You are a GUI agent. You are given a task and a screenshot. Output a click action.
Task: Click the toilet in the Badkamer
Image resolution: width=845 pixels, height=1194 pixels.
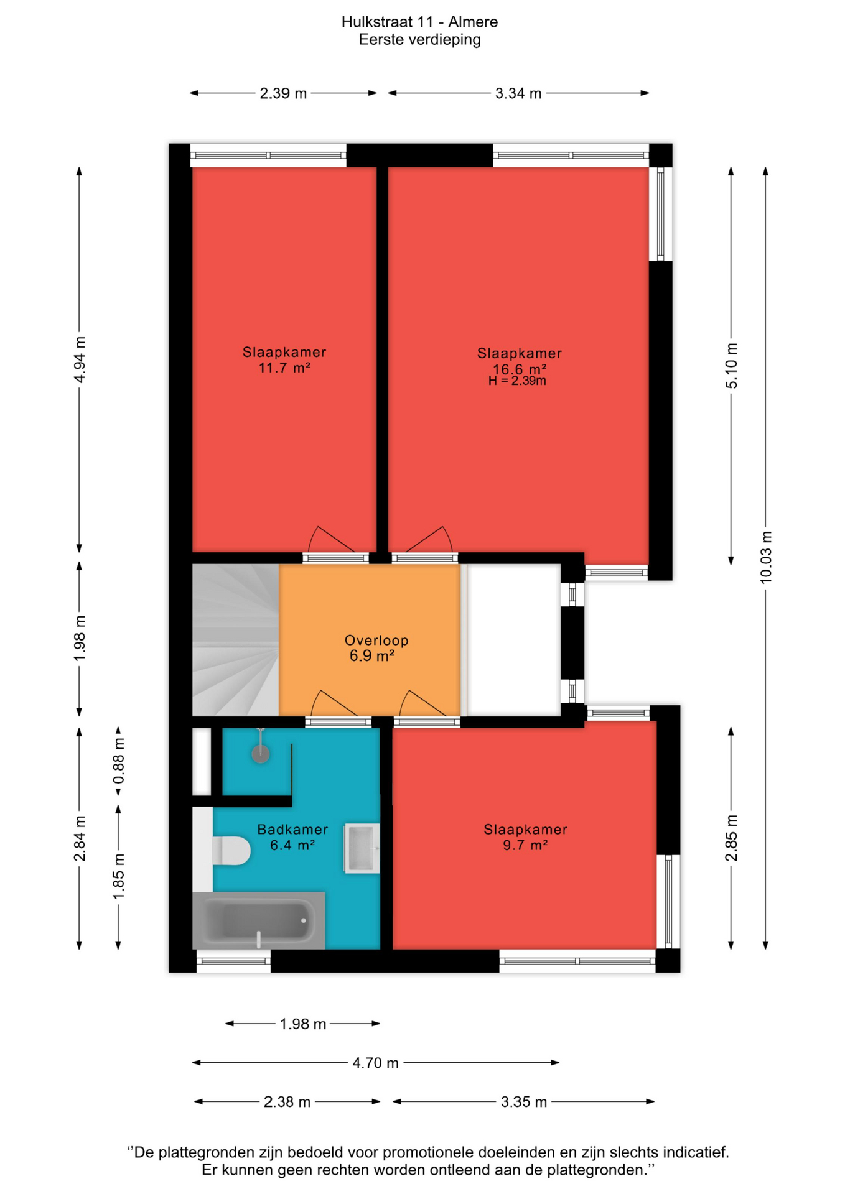coord(231,850)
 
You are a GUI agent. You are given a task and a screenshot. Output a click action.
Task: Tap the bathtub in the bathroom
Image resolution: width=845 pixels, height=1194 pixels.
coord(259,920)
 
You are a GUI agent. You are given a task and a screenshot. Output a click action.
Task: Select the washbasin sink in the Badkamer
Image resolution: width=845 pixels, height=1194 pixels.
coord(362,848)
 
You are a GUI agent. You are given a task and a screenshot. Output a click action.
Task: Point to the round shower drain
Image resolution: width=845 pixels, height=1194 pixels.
coord(261,754)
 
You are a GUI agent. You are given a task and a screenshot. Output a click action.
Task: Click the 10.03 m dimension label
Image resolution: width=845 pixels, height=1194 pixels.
coord(765,557)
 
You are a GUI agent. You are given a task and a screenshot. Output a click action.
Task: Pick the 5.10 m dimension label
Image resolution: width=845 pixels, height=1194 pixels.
coord(731,366)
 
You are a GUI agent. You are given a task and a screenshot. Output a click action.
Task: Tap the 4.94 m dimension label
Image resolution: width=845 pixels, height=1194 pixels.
coord(80,360)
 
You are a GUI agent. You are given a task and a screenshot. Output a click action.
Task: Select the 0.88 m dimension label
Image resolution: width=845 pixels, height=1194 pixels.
coord(118,761)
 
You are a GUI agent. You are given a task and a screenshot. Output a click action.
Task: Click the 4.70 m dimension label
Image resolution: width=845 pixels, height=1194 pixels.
coord(375,1063)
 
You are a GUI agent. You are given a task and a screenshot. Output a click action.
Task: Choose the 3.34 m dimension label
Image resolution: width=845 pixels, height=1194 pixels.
coord(518,93)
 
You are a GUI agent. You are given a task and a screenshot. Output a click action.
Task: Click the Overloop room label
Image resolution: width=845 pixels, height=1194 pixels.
coord(376,640)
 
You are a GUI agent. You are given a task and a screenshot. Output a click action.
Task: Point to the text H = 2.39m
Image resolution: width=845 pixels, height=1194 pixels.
coord(517,381)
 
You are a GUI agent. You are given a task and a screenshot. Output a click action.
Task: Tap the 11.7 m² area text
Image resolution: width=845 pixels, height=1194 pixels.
coord(284,368)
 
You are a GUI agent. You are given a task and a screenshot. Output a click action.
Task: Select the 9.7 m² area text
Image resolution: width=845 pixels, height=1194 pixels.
coord(525,845)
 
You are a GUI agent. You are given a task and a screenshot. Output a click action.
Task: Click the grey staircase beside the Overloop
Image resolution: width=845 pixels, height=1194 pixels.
coord(235,640)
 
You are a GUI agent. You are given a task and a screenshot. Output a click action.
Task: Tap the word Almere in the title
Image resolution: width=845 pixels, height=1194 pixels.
coord(473,22)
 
